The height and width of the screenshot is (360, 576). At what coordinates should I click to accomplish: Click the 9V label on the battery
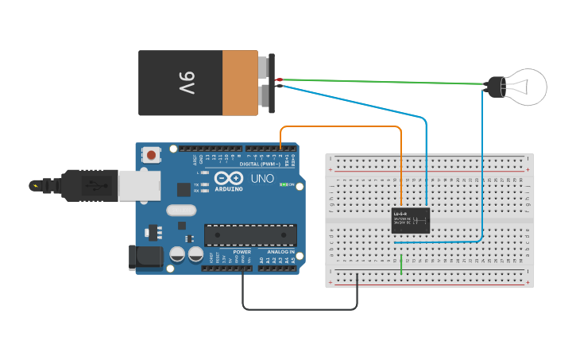[x=186, y=83]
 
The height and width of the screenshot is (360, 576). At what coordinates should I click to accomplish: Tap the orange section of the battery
[x=240, y=83]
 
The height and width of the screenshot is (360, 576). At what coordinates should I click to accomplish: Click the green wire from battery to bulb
[x=381, y=81]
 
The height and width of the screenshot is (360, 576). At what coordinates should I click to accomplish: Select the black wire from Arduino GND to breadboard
[x=302, y=308]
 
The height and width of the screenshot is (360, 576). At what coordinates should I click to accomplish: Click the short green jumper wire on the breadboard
[x=401, y=265]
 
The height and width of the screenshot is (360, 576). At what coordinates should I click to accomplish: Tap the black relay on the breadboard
[x=411, y=220]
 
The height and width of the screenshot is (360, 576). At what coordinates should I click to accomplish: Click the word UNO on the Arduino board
[x=262, y=178]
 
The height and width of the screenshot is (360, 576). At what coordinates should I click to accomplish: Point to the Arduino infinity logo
[x=228, y=179]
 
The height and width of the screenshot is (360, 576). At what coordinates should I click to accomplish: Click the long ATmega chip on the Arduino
[x=250, y=235]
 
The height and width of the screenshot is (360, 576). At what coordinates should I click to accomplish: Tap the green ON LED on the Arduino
[x=283, y=185]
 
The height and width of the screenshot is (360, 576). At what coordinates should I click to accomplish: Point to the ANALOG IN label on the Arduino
[x=280, y=251]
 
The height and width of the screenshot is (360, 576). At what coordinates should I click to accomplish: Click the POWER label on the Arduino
[x=242, y=251]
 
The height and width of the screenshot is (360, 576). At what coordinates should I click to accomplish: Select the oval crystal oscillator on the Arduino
[x=180, y=211]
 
